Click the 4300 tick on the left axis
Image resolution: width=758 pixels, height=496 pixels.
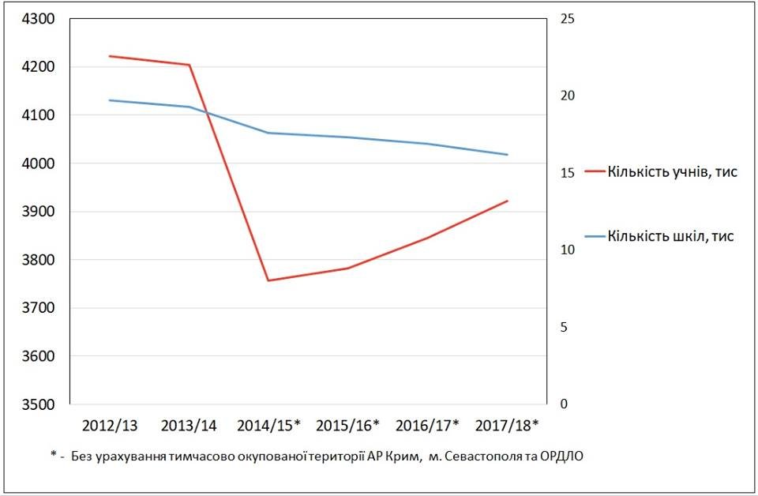[38, 19]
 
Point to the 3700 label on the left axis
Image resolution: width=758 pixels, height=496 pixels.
[38, 308]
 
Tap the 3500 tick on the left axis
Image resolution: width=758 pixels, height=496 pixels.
[38, 404]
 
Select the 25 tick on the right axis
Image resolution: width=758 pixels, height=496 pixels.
[568, 19]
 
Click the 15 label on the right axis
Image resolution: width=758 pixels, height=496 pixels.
[568, 173]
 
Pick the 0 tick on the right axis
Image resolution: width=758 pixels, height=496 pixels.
[564, 404]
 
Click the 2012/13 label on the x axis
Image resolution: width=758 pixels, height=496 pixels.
[110, 426]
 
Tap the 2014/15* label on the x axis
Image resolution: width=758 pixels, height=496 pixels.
[268, 426]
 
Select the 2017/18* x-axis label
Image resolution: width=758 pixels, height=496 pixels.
[507, 426]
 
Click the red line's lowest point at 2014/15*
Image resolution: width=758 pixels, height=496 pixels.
[268, 280]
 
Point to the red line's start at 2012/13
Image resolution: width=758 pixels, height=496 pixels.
[110, 56]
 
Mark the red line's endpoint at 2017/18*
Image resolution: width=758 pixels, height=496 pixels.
[508, 201]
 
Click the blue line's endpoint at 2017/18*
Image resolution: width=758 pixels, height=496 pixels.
[508, 155]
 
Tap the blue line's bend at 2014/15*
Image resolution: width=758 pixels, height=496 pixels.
[268, 133]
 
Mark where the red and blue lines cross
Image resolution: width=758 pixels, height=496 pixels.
[207, 113]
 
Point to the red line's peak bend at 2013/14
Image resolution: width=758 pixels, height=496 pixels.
[189, 64]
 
